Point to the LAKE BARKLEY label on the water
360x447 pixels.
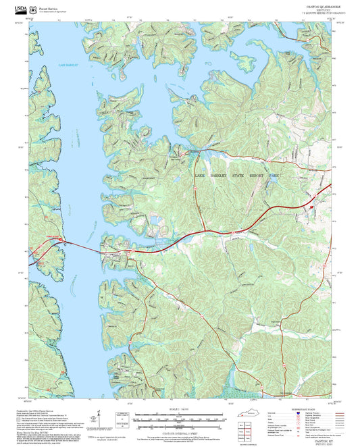point(68,65)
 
